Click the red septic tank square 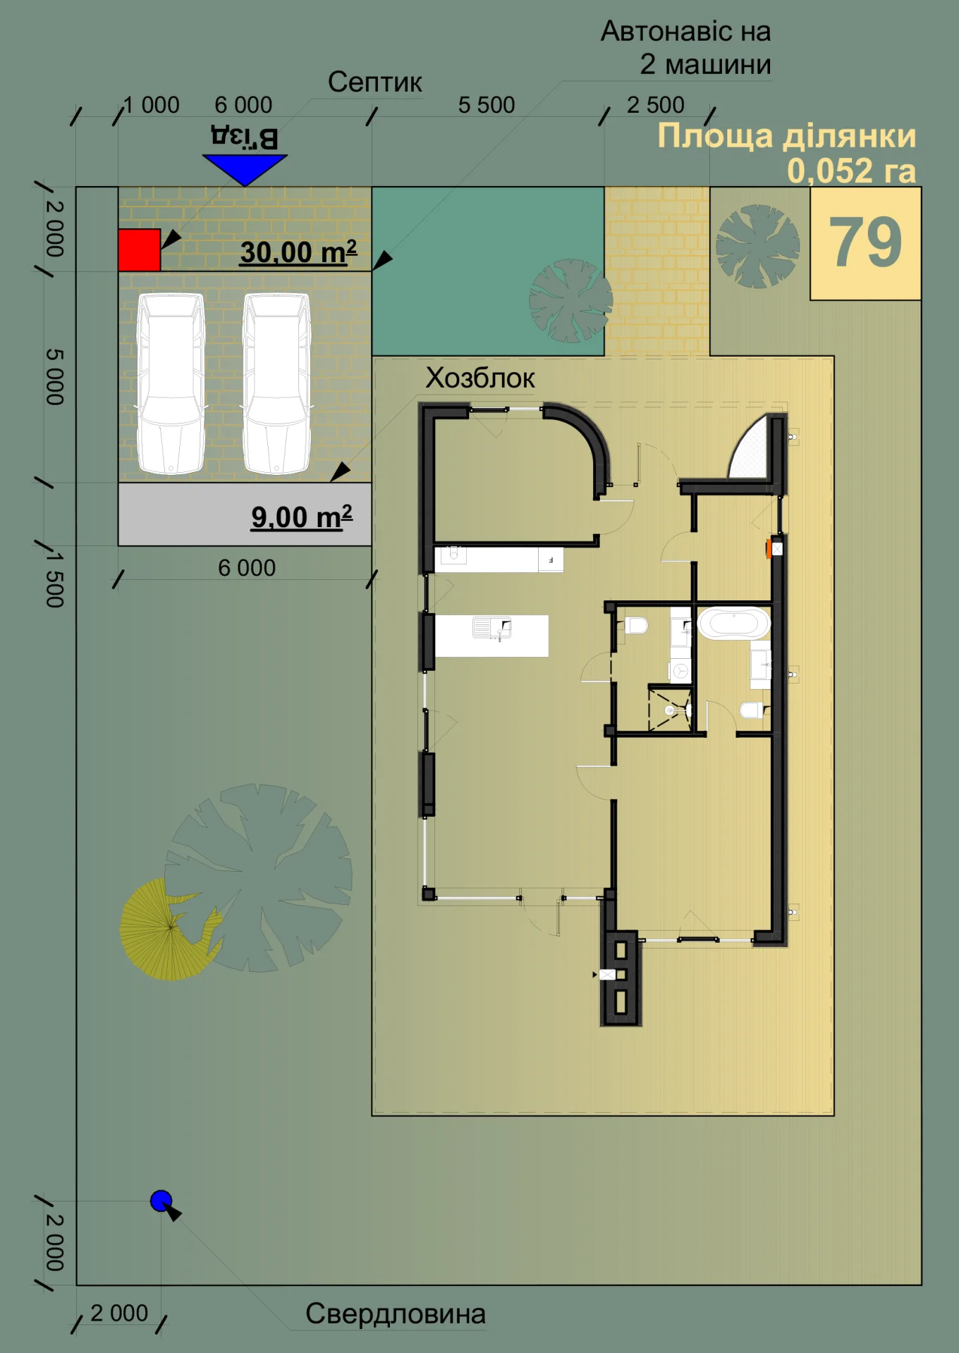pyautogui.click(x=139, y=250)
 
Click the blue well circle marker pyautogui.click(x=161, y=1201)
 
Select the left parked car pyautogui.click(x=171, y=383)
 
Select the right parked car pyautogui.click(x=277, y=383)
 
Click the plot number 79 pyautogui.click(x=865, y=242)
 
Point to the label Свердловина pyautogui.click(x=396, y=1314)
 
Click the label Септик pyautogui.click(x=375, y=82)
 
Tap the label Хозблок pyautogui.click(x=480, y=378)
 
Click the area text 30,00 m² pyautogui.click(x=298, y=252)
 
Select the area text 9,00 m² pyautogui.click(x=302, y=517)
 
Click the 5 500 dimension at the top pyautogui.click(x=487, y=105)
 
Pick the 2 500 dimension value pyautogui.click(x=656, y=105)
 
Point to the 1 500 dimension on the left pyautogui.click(x=55, y=579)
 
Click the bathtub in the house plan pyautogui.click(x=734, y=623)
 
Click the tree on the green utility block pyautogui.click(x=571, y=301)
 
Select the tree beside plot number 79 pyautogui.click(x=758, y=247)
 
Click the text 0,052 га pyautogui.click(x=852, y=171)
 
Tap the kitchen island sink pyautogui.click(x=491, y=627)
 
